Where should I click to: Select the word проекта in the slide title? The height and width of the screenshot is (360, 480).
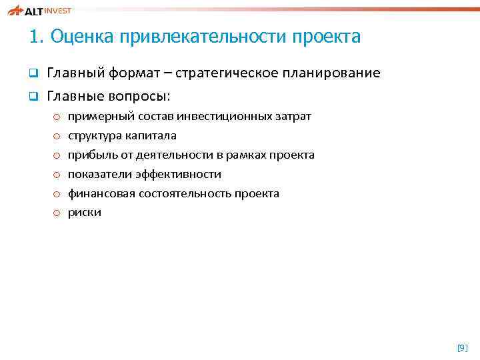pos(327,36)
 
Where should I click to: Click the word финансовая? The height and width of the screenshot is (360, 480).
pos(101,193)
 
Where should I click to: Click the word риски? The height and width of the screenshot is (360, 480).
pos(85,213)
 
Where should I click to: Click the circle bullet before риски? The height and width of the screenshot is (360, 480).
pos(57,213)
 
